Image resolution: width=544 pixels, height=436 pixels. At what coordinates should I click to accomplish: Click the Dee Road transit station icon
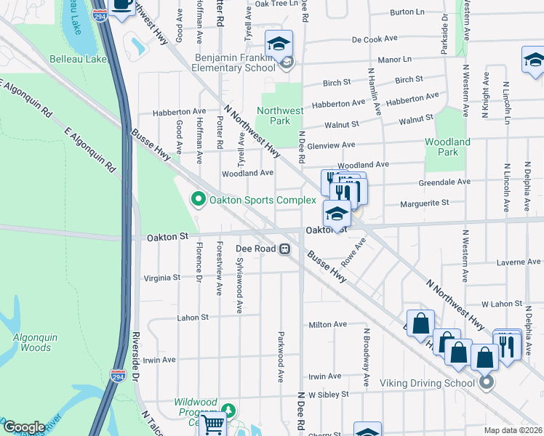pos(286,249)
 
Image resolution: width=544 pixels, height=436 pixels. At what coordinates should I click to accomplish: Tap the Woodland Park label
pos(448,147)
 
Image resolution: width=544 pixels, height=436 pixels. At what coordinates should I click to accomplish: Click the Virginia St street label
pos(161,278)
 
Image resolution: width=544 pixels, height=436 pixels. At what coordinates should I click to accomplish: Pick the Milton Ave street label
pos(328,325)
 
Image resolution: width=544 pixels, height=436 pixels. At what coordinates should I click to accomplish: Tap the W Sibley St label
pos(328,394)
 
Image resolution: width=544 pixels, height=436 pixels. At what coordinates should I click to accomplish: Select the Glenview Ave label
pos(331,145)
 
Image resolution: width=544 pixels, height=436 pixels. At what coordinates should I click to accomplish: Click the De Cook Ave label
pos(376,40)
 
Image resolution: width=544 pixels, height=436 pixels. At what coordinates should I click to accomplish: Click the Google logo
pos(23,427)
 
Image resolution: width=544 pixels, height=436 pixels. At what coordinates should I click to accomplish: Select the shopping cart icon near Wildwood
pos(212,424)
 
